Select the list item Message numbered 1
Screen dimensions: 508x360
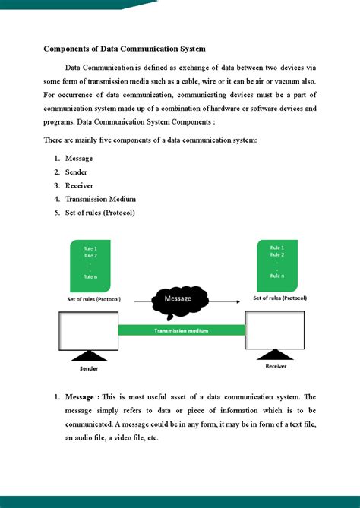point(79,158)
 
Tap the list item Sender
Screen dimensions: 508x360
point(77,172)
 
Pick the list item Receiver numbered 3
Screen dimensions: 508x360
point(80,186)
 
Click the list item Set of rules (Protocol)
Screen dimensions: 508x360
point(99,213)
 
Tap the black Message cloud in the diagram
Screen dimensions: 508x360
point(180,301)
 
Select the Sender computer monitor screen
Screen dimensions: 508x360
point(88,330)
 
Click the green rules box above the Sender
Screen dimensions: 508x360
point(90,265)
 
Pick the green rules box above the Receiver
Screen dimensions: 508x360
point(277,263)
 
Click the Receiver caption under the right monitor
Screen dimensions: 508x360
point(275,365)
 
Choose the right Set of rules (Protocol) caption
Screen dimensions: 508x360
point(279,298)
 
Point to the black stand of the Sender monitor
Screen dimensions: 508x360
point(90,355)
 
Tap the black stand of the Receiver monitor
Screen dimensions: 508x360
point(275,353)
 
